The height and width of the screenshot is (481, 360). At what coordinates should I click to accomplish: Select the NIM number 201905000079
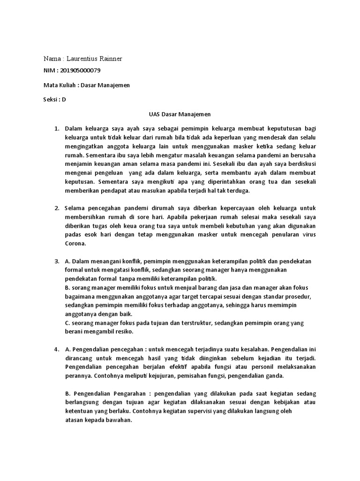80,70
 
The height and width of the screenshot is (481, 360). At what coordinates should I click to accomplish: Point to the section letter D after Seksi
64,100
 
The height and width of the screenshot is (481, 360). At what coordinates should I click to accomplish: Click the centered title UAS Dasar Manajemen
180,114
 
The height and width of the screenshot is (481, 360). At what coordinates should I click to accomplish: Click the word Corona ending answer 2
75,244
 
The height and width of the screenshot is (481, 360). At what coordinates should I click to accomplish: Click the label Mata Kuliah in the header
59,85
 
